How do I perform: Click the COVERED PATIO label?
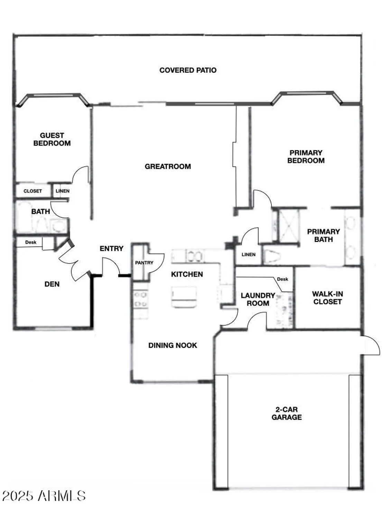point(188,70)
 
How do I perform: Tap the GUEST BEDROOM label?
point(52,139)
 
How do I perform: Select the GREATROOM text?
point(168,166)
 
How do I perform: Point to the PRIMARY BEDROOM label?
point(306,156)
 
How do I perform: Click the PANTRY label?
point(144,263)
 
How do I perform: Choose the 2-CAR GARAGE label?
point(286,413)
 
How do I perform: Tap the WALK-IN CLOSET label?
point(327,298)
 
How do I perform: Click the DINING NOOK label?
point(173,345)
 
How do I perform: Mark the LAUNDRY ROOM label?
point(258,299)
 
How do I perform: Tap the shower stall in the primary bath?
point(289,225)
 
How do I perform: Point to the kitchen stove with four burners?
point(141,299)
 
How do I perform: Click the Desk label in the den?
point(31,242)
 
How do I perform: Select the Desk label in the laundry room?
point(283,279)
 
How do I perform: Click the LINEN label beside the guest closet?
point(63,191)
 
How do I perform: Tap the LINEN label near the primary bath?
point(248,255)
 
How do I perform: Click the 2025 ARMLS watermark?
point(44,496)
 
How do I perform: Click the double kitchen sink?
point(194,256)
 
